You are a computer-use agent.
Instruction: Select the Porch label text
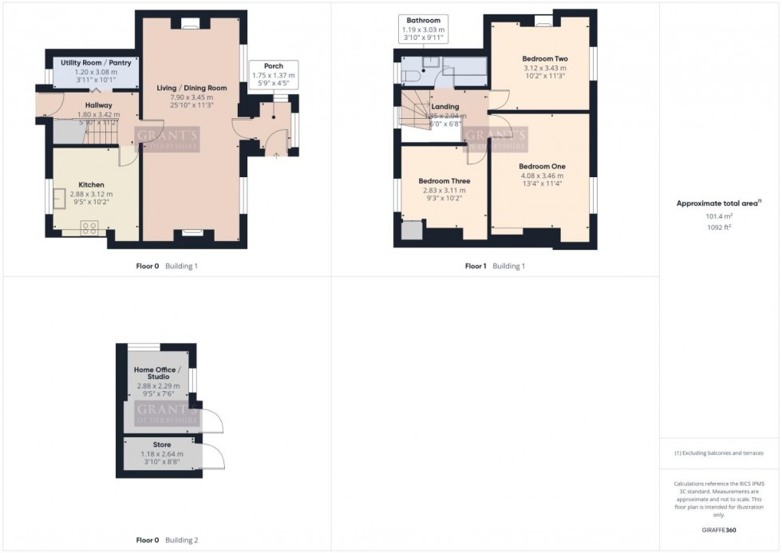(x=273, y=66)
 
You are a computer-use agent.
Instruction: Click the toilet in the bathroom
(x=410, y=76)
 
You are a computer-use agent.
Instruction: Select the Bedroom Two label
(x=544, y=59)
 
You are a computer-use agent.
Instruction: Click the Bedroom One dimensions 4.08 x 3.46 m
(x=542, y=176)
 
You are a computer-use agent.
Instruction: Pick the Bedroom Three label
(x=444, y=181)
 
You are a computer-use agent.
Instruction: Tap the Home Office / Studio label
(x=157, y=373)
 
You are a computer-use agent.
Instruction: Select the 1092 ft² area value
(x=719, y=227)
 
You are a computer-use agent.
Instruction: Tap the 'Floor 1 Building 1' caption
(x=495, y=266)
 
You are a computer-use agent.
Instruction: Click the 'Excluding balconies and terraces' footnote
(x=719, y=452)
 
